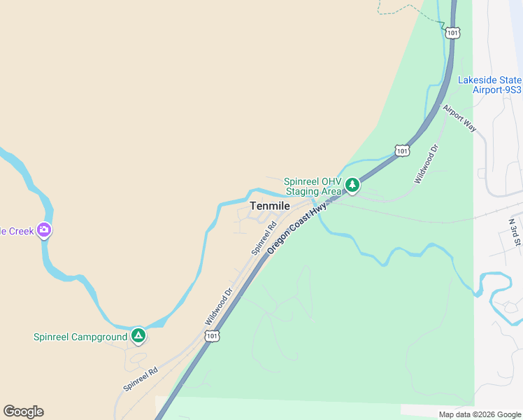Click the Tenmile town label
coord(270,206)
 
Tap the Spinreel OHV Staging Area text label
coord(313,185)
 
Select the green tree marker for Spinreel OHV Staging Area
coord(352,185)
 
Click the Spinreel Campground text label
coord(80,337)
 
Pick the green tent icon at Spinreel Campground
coord(138,336)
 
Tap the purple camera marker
coord(44,229)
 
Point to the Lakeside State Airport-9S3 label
coord(489,85)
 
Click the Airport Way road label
coord(459,118)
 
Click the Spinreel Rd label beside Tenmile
coord(264,238)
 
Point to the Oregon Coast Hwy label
coord(297,228)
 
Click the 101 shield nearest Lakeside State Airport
coord(453,33)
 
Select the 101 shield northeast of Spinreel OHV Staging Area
coord(401,150)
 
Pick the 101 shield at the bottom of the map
coord(213,337)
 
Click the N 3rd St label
coord(515,232)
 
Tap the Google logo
coord(23,412)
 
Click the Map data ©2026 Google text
coord(479,414)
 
